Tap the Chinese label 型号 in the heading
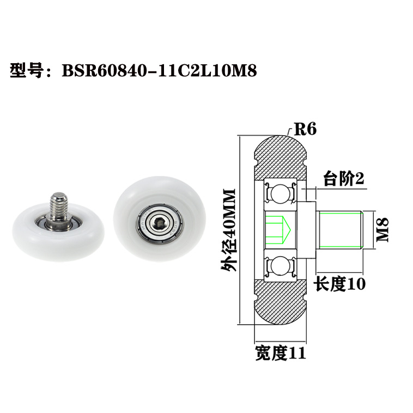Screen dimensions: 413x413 click(27, 71)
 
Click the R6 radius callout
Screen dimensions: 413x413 click(305, 129)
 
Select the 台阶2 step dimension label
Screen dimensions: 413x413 click(343, 179)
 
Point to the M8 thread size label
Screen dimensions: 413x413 click(382, 229)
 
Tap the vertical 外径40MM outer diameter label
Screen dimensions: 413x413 click(229, 229)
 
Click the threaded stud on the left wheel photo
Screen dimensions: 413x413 click(58, 203)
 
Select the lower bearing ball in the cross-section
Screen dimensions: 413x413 click(280, 266)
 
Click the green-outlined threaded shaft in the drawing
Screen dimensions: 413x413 click(339, 229)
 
